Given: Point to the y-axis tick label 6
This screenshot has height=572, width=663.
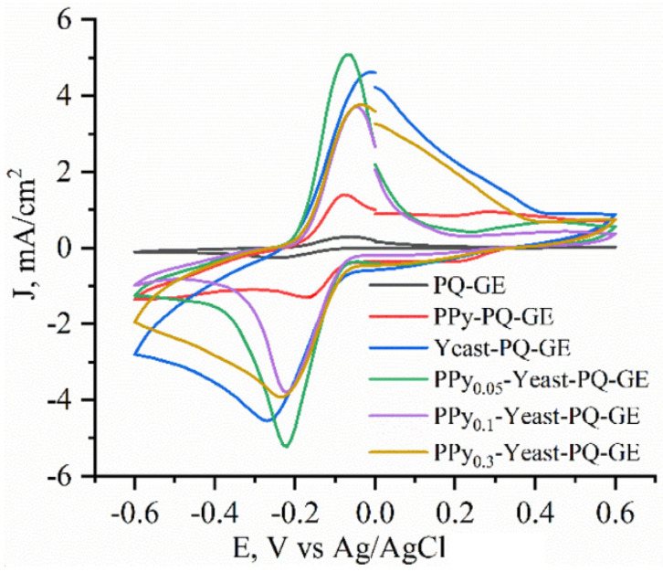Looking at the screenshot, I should coord(79,20).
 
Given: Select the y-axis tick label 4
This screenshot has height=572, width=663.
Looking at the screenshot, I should coord(79,96).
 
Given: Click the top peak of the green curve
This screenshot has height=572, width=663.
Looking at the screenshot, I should coord(347,55).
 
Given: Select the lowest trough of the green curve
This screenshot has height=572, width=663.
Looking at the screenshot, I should coord(287,446).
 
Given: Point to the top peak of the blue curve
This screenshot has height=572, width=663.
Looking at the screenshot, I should coord(372,71).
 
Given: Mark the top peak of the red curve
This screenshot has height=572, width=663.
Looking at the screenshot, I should coord(343,195).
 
